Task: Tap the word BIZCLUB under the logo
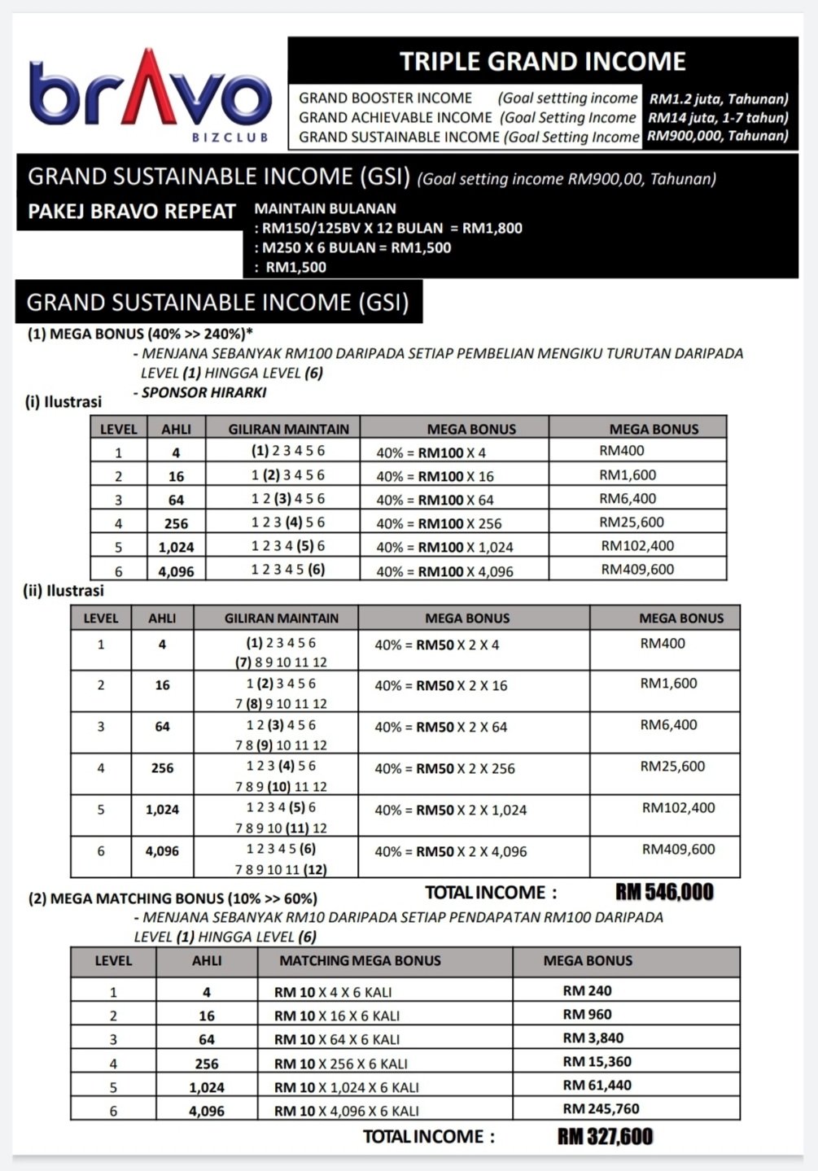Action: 230,138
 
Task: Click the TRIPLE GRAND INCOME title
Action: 542,62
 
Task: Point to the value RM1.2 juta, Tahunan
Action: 718,99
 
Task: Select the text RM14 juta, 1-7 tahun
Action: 718,118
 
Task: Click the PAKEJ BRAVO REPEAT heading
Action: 132,212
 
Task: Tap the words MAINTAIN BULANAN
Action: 325,208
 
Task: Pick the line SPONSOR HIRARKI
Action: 203,392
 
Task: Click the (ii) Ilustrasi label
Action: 63,591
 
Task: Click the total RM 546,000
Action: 664,893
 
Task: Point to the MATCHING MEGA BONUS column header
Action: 360,961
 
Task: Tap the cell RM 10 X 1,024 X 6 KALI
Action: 346,1087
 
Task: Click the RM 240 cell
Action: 587,991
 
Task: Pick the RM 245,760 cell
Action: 601,1109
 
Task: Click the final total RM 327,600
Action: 605,1137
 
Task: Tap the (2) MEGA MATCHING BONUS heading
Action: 173,898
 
